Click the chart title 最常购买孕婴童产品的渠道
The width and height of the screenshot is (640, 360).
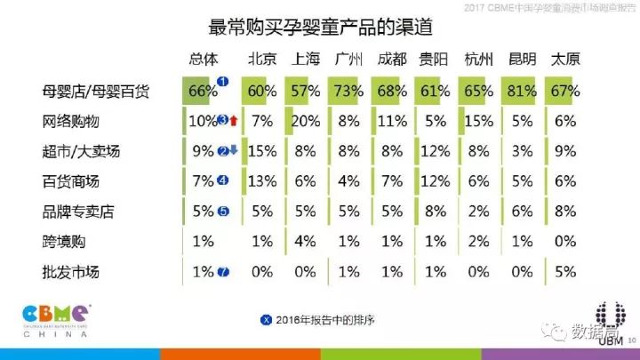pyautogui.click(x=320, y=27)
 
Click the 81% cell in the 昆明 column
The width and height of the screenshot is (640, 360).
pyautogui.click(x=521, y=91)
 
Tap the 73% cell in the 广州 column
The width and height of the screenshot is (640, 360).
pyautogui.click(x=347, y=91)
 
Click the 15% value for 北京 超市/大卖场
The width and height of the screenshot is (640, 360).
pyautogui.click(x=260, y=151)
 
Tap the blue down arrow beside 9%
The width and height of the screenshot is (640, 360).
pyautogui.click(x=235, y=151)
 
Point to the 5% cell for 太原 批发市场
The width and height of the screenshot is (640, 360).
pyautogui.click(x=565, y=271)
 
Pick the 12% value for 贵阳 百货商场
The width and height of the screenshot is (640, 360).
pyautogui.click(x=434, y=181)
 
